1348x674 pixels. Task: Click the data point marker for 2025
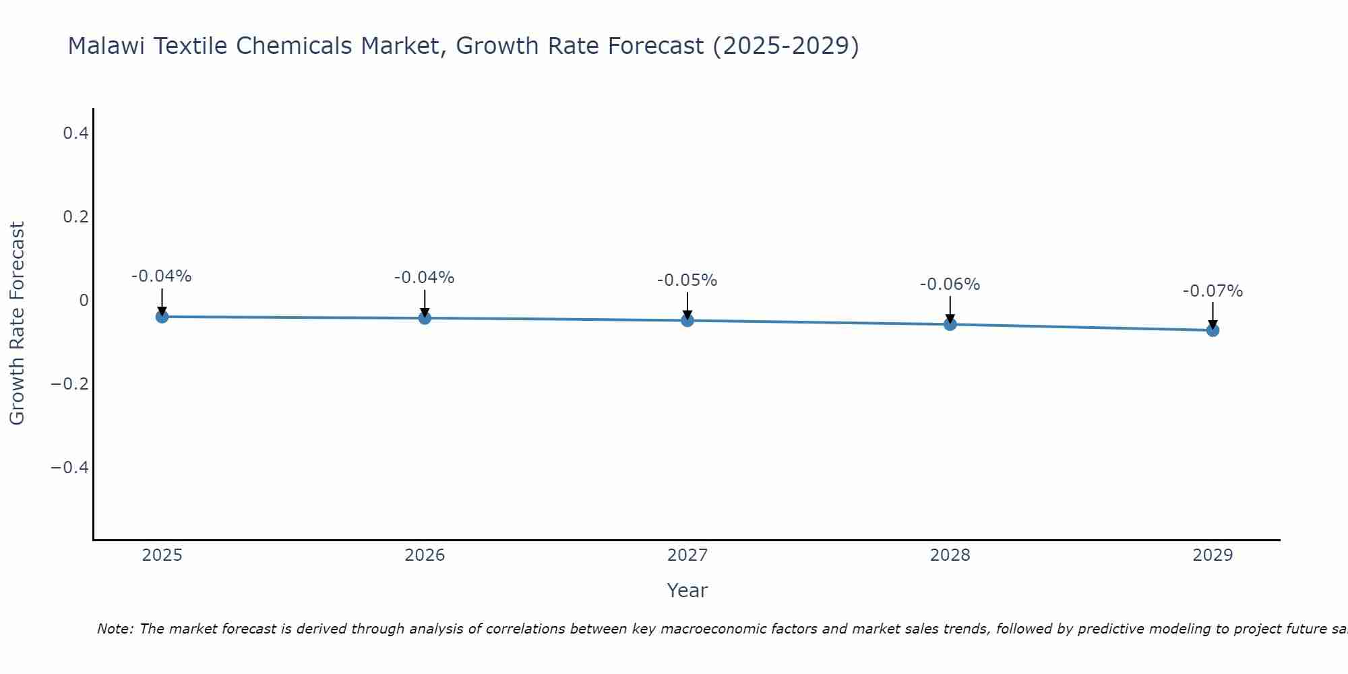click(x=162, y=317)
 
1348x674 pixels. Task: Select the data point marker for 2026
click(x=425, y=318)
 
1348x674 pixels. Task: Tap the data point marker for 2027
click(x=687, y=320)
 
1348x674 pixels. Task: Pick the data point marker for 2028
click(x=950, y=324)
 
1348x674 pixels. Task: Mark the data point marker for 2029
click(x=1213, y=330)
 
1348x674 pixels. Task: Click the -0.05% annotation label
click(x=687, y=280)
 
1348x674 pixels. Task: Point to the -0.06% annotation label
click(x=950, y=284)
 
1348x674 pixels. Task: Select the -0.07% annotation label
click(x=1213, y=291)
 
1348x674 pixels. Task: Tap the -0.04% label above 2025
click(x=161, y=276)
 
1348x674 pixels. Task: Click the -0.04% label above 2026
click(x=424, y=278)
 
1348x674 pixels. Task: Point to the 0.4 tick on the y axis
click(x=75, y=133)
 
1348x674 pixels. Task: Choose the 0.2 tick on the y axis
click(x=75, y=217)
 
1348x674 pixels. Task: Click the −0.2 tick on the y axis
click(x=70, y=384)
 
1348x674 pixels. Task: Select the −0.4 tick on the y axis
click(x=70, y=468)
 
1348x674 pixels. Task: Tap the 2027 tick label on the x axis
click(x=687, y=555)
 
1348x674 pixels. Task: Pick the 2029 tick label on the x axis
click(x=1213, y=555)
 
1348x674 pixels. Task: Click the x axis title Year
click(x=687, y=590)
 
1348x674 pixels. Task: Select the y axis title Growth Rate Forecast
click(x=17, y=324)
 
